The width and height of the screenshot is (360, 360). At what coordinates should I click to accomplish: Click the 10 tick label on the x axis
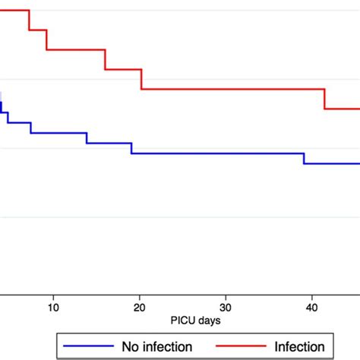[53, 307]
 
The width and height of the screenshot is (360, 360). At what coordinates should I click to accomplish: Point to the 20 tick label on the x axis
[139, 307]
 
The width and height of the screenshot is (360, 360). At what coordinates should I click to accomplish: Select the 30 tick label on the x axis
[225, 307]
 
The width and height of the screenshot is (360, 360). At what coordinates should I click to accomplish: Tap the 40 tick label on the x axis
[311, 307]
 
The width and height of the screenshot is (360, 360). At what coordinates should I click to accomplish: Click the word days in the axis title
[193, 321]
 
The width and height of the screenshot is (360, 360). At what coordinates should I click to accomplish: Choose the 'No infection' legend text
[156, 346]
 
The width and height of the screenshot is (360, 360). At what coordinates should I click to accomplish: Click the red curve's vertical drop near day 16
[105, 60]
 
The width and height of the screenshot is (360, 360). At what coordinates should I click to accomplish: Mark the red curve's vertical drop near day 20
[141, 79]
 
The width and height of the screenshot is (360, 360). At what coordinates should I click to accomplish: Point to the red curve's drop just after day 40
[325, 99]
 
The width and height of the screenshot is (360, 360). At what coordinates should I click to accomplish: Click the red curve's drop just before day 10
[46, 39]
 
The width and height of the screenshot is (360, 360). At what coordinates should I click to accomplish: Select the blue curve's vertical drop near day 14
[87, 138]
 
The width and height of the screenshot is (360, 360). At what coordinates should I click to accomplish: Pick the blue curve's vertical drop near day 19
[131, 148]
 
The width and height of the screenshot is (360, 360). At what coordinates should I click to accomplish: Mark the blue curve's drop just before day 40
[304, 158]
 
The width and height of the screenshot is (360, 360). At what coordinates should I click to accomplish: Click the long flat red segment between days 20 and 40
[232, 89]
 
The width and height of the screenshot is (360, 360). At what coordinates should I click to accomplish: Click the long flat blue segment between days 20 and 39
[217, 153]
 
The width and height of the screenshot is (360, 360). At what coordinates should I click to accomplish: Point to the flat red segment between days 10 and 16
[76, 49]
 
